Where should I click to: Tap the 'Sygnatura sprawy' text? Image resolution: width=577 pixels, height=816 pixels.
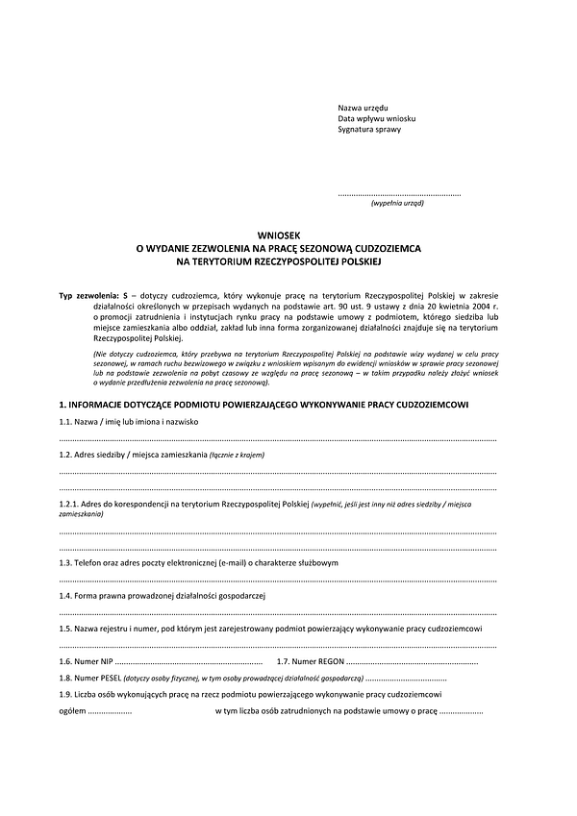click(x=369, y=130)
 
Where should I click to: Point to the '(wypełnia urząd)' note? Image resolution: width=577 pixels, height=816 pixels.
click(x=397, y=204)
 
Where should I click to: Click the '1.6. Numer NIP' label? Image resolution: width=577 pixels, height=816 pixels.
click(x=87, y=661)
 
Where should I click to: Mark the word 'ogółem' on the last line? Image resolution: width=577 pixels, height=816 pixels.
click(x=72, y=711)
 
